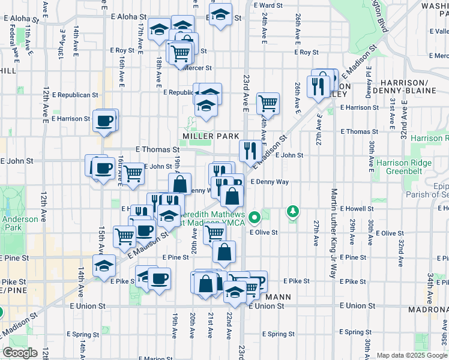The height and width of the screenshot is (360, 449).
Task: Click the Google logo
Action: click(x=20, y=353)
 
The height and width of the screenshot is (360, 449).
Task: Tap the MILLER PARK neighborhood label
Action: click(x=207, y=136)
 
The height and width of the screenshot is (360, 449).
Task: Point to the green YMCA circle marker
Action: click(x=255, y=217)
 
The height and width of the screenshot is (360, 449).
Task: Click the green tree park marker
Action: click(x=292, y=211)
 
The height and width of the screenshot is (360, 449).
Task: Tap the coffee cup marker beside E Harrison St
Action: click(x=104, y=121)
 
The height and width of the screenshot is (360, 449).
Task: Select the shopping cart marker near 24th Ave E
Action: click(x=268, y=103)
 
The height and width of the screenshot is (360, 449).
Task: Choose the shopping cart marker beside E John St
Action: click(x=133, y=173)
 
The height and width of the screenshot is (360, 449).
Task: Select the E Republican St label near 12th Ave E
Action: click(x=74, y=95)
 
